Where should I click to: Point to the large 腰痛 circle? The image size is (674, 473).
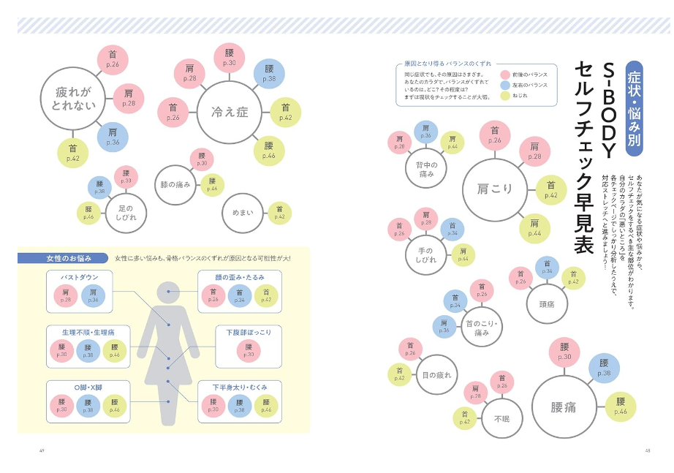click(x=564, y=407)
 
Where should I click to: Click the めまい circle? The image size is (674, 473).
click(x=242, y=213)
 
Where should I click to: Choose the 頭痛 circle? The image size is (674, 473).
click(x=547, y=303)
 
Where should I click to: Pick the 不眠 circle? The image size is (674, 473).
click(x=502, y=418)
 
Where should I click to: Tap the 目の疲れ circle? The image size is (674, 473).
click(x=436, y=375)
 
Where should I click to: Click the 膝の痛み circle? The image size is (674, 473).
click(x=175, y=185)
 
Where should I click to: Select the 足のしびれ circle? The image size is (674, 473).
click(x=126, y=213)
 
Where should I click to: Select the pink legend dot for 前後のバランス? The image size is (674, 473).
click(x=505, y=75)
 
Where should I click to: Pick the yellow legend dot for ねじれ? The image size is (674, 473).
click(x=505, y=96)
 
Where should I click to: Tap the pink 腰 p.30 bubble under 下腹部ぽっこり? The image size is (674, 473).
click(x=249, y=351)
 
